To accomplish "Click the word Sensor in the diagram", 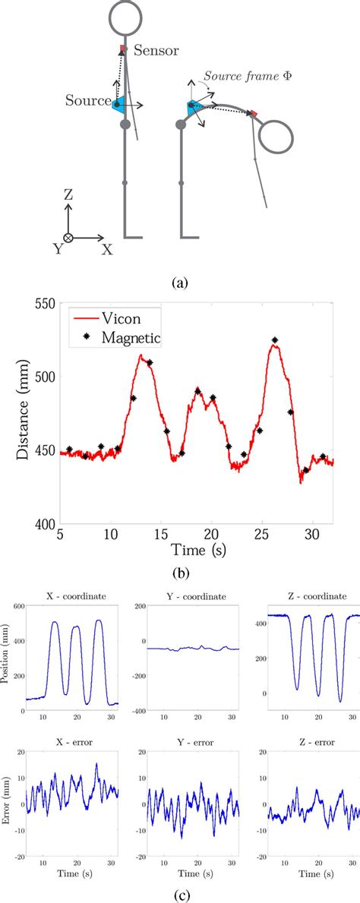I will point(156,51).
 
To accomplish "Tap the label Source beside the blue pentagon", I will point(86,100).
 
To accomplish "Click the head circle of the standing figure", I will point(126,17).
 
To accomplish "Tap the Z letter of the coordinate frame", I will point(68,195).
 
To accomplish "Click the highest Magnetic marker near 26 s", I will point(274,340).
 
